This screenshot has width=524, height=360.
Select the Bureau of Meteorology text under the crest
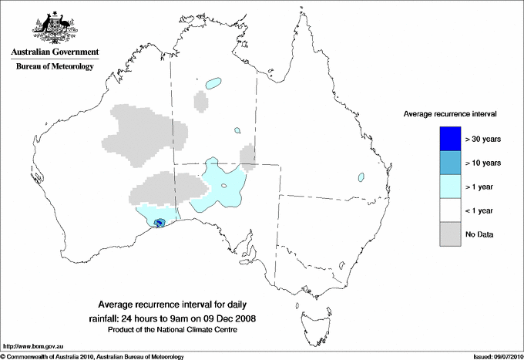(x=55, y=67)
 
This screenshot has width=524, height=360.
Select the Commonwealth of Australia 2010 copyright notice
(x=92, y=356)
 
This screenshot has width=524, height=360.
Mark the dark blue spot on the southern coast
(x=160, y=223)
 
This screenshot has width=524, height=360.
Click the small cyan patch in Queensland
(x=361, y=177)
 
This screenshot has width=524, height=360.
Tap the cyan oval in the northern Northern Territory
(x=213, y=82)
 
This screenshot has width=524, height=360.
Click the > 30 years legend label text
(x=484, y=139)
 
